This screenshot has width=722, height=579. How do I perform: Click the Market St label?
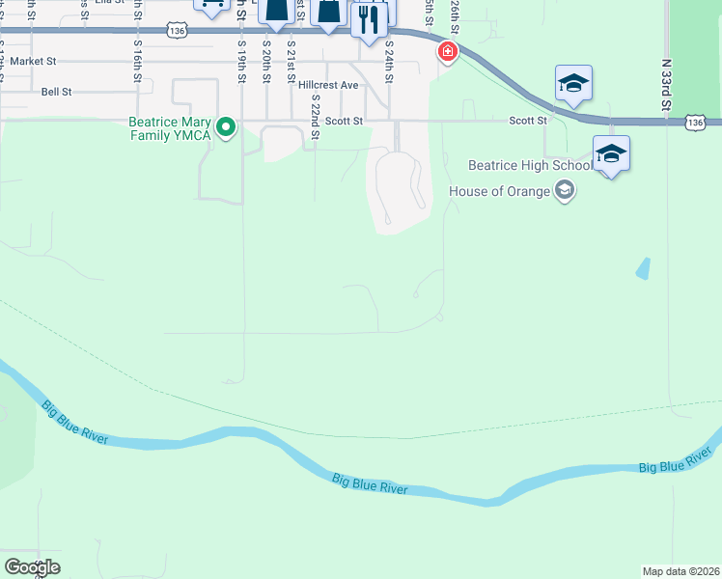tap(34, 61)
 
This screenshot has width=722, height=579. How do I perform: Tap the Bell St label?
tap(57, 92)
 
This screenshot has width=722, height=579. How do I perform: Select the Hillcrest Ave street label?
tap(328, 85)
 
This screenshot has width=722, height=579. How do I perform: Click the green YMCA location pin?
tap(226, 127)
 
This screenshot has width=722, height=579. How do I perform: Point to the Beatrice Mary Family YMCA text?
tap(171, 127)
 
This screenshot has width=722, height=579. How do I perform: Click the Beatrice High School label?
tap(530, 166)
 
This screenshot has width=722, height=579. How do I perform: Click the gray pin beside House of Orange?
tap(565, 191)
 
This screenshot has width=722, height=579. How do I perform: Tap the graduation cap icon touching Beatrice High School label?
tap(610, 153)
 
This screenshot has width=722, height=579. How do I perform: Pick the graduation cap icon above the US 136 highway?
tap(572, 84)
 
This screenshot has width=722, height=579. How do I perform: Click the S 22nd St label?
tap(314, 123)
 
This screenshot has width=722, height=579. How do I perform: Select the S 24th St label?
tap(389, 58)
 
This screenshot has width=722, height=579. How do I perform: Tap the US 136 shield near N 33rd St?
tap(694, 123)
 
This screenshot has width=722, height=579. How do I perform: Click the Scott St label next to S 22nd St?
tap(344, 121)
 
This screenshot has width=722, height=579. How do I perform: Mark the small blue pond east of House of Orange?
tap(643, 268)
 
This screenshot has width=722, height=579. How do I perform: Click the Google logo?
tap(32, 567)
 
